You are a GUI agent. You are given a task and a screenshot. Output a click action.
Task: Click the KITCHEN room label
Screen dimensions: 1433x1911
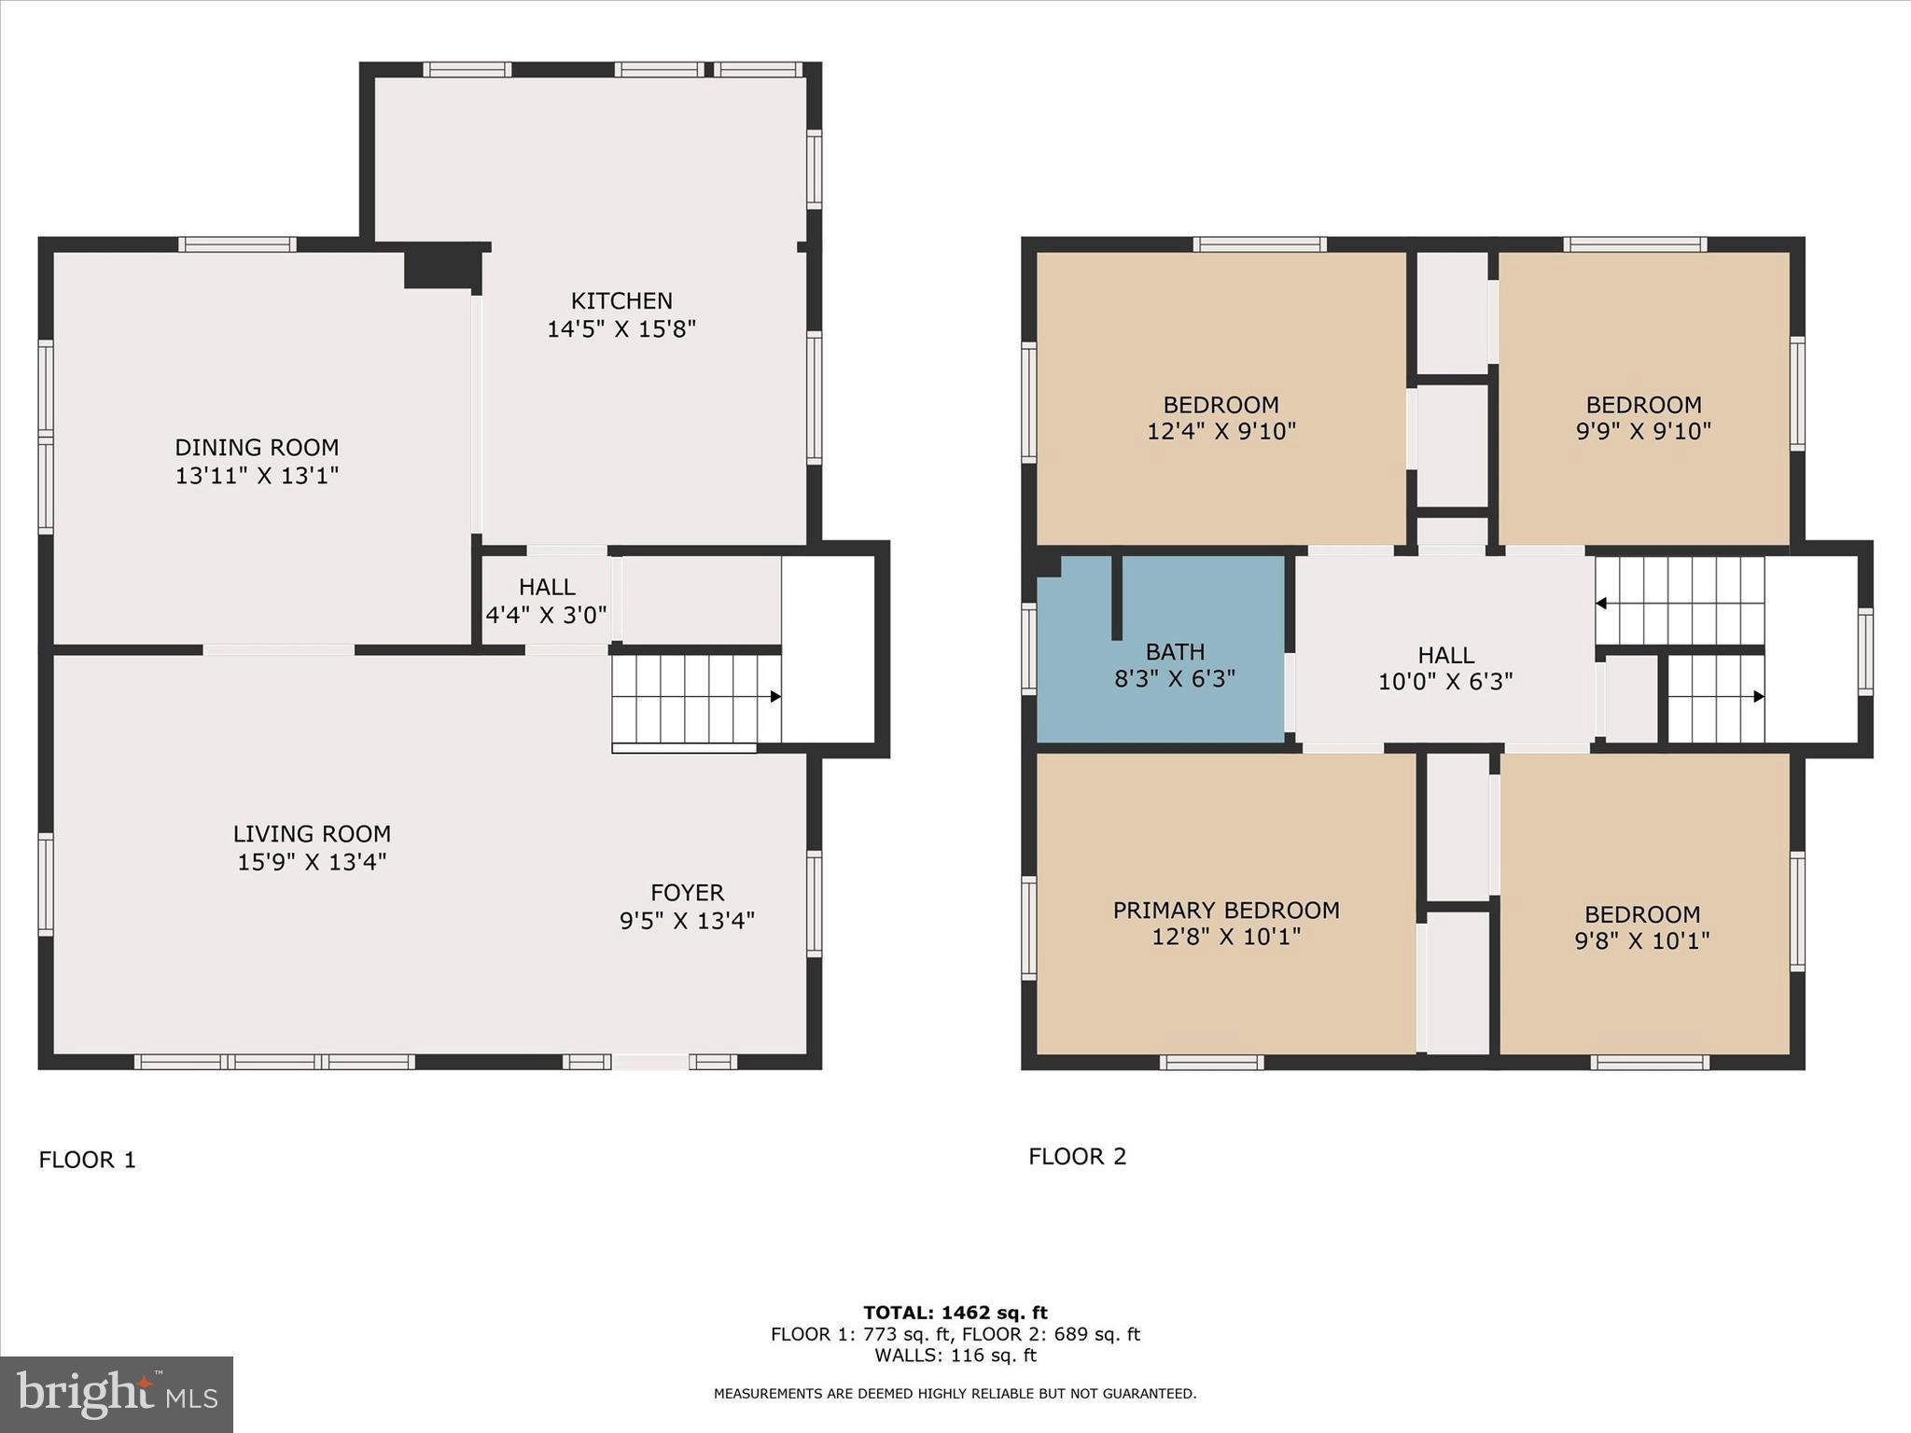(621, 301)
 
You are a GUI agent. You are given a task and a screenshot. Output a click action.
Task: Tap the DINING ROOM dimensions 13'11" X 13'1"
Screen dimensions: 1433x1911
(257, 476)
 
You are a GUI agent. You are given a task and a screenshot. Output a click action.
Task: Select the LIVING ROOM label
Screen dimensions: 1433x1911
(312, 834)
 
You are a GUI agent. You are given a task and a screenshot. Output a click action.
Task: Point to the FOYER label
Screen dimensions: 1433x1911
(688, 893)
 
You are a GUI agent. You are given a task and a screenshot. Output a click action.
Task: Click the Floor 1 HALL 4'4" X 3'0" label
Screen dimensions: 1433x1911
(547, 601)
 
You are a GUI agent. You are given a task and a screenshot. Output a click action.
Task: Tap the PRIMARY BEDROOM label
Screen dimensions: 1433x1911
(1226, 911)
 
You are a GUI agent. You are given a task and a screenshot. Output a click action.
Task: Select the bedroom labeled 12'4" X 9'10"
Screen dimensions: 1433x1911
(1221, 418)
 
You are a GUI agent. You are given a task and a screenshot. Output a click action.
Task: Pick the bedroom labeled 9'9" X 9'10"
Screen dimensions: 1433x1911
(1643, 418)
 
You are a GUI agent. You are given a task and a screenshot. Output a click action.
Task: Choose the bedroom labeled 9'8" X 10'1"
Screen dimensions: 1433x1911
(1642, 926)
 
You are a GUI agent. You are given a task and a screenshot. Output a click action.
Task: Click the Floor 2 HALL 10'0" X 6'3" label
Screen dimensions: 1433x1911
(1445, 668)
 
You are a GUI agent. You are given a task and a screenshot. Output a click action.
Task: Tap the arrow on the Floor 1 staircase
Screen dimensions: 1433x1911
(775, 696)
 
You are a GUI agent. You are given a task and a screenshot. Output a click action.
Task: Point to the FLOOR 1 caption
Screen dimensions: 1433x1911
(88, 1160)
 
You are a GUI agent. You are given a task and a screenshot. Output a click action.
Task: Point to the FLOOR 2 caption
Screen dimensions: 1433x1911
(1077, 1157)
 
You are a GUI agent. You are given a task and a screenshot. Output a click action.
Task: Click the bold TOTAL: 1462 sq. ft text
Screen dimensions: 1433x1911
(955, 1313)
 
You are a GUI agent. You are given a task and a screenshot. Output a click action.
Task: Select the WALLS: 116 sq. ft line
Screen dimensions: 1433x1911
(955, 1356)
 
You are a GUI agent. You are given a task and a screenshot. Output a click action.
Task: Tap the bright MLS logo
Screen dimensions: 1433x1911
(117, 1394)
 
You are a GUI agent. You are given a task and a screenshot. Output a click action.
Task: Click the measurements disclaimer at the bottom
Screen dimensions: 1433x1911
(955, 1394)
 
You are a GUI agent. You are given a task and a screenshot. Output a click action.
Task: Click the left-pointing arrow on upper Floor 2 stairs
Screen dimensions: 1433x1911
(1601, 604)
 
